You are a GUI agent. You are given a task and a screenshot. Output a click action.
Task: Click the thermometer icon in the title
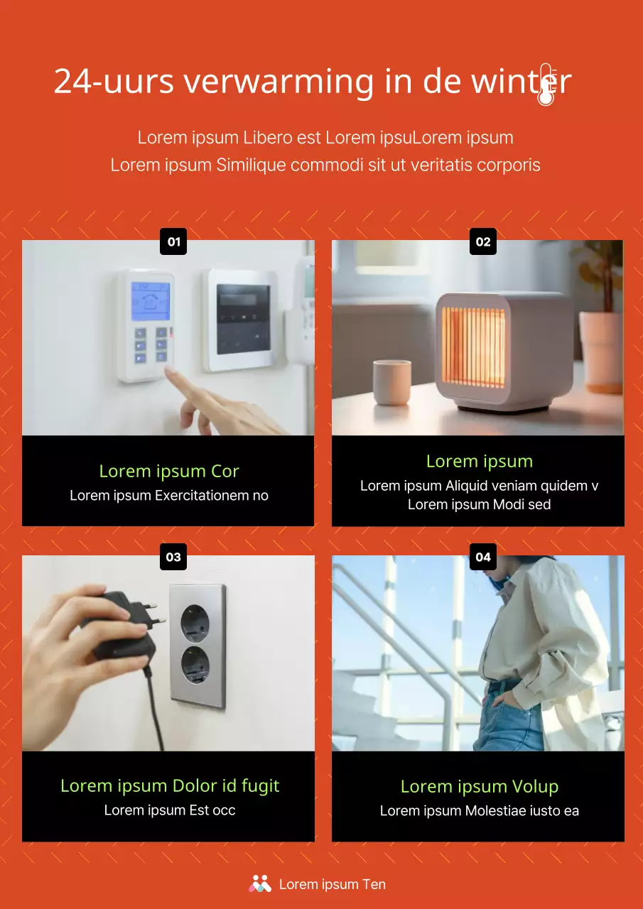pos(546,85)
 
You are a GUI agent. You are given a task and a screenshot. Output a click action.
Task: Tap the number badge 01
pos(174,241)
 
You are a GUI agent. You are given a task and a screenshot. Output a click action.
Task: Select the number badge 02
pos(483,241)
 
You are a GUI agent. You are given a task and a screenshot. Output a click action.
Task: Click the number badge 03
pos(174,557)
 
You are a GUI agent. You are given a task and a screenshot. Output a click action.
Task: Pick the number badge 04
pos(483,557)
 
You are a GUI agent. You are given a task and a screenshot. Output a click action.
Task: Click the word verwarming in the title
pos(279,82)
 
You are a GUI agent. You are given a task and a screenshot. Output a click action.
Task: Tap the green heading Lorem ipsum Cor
pos(169,471)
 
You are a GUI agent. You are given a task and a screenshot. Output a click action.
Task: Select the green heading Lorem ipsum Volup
pos(480,786)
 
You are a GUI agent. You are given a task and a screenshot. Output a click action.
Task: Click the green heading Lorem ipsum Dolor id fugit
pos(170,785)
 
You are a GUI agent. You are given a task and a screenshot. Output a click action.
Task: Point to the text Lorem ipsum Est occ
pos(170,810)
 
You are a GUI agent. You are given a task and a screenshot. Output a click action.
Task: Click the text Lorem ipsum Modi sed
pos(480,504)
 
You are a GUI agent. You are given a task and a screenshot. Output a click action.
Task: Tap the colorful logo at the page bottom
pos(260,883)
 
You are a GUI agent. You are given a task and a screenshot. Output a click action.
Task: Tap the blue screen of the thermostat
pos(151,301)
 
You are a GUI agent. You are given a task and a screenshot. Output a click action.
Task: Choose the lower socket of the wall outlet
pos(194,666)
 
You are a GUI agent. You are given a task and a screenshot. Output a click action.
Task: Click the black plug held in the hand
pos(121,625)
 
